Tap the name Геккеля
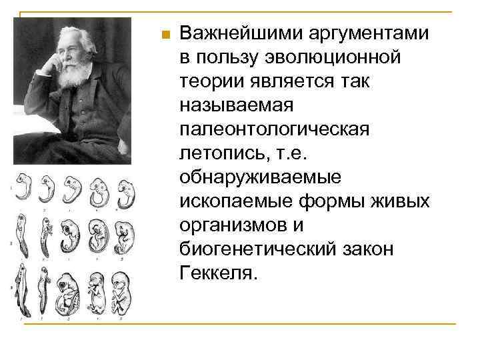click(215, 273)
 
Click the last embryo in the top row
click(122, 190)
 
